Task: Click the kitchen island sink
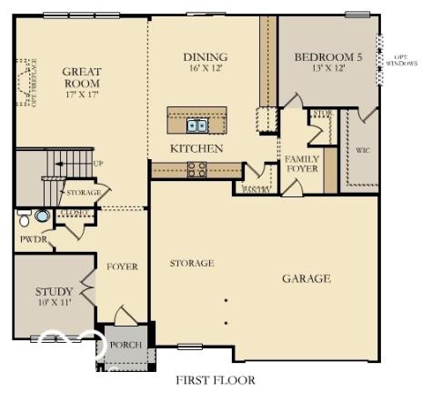click(196, 126)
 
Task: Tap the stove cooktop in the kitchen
click(196, 168)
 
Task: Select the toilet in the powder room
click(24, 217)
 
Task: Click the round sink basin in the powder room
click(42, 217)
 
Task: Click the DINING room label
click(205, 56)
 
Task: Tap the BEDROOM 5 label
click(327, 56)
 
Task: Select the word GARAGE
click(306, 278)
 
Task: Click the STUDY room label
click(55, 292)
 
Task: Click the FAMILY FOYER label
click(301, 165)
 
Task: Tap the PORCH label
click(125, 346)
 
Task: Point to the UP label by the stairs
click(98, 165)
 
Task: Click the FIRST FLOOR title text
click(216, 380)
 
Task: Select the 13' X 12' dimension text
click(327, 69)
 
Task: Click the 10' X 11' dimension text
click(55, 304)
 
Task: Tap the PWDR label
click(33, 240)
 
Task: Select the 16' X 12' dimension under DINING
click(205, 69)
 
